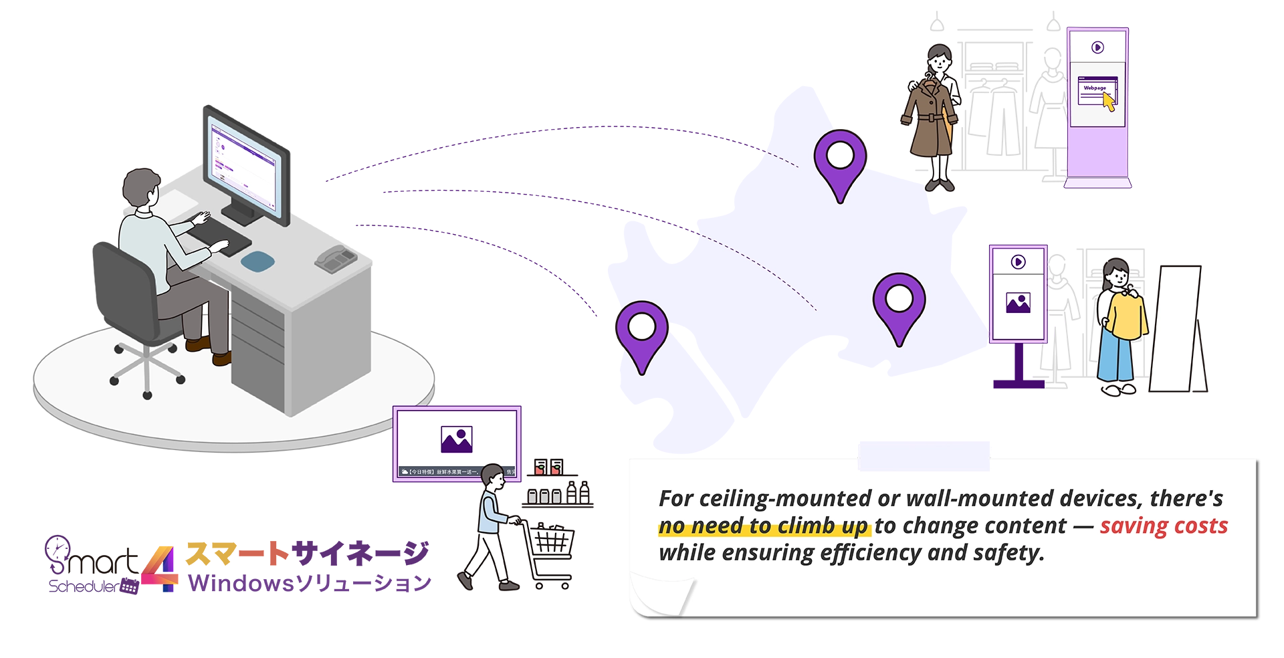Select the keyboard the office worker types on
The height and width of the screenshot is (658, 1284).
(221, 237)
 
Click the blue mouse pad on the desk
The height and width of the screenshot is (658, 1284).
(258, 261)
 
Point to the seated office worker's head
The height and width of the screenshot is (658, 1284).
(141, 188)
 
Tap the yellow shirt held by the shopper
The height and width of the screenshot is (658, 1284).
(1127, 314)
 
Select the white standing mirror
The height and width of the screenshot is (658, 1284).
(1176, 328)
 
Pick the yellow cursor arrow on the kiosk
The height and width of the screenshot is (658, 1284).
(1108, 102)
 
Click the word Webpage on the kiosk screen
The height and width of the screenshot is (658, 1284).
(1095, 88)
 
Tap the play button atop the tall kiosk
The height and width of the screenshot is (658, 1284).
(1097, 47)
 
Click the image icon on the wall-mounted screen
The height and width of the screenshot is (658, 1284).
(457, 439)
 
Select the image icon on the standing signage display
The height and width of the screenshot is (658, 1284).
(1018, 303)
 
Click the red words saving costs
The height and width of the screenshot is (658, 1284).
(1164, 526)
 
